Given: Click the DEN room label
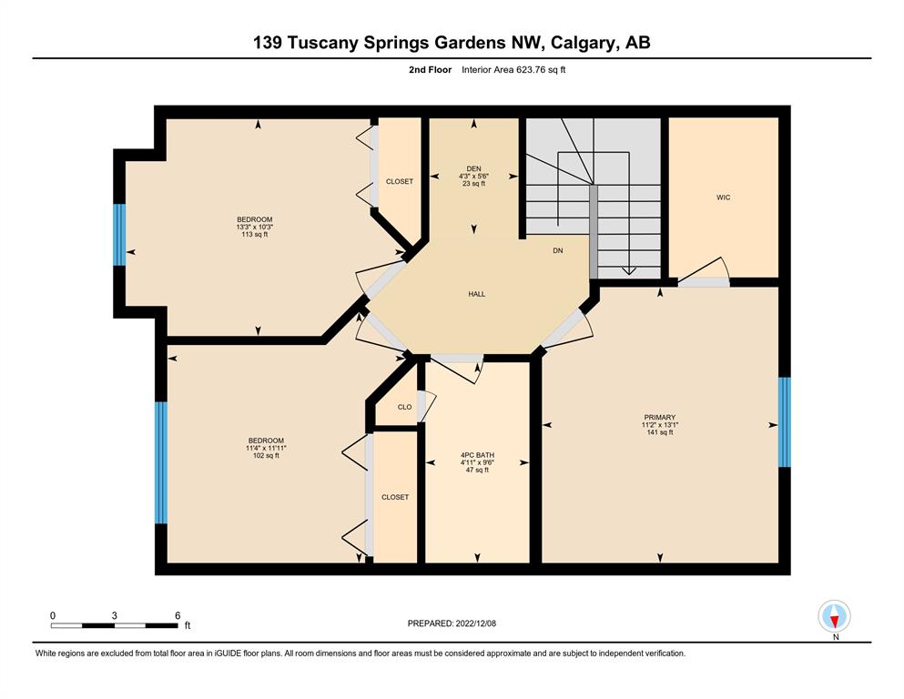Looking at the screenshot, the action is click(473, 169).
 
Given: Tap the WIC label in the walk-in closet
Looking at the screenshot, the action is click(723, 198).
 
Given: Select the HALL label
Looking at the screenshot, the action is click(477, 294).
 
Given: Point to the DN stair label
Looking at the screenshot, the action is click(557, 250).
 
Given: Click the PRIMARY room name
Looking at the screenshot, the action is click(659, 417).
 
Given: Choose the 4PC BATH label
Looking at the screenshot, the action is click(477, 455).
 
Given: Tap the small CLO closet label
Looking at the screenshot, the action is click(405, 407).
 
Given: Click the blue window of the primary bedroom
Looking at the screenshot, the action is click(784, 421).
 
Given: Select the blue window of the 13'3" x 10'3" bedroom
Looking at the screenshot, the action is click(119, 235).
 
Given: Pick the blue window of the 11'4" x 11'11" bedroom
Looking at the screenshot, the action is click(161, 462).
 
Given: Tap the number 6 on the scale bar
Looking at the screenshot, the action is click(178, 615).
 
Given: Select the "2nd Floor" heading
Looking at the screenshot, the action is click(430, 70).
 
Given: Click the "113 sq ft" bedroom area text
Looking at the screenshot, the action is click(254, 235).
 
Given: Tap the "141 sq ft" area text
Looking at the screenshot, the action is click(659, 432).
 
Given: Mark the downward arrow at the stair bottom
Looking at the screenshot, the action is click(628, 271).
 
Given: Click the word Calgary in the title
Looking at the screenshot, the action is click(583, 43).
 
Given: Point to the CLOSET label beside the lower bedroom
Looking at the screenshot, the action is click(395, 497).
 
